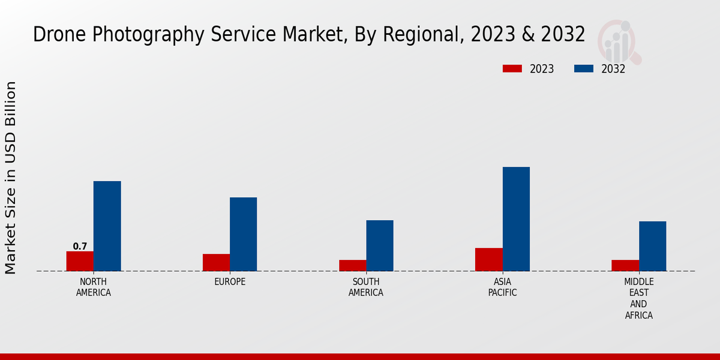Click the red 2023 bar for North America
80,261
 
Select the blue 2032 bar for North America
107,226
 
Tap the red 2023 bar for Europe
216,262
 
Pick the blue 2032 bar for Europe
243,234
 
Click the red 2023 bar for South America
352,265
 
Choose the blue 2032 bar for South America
380,245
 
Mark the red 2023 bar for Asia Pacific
488,259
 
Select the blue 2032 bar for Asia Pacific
516,219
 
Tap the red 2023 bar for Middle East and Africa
625,265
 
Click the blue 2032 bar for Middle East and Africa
652,246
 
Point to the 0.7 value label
80,247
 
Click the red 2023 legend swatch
512,69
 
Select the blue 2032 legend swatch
584,69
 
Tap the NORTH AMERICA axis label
93,287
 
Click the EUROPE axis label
230,281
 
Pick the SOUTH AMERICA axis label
366,287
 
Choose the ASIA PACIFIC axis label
502,287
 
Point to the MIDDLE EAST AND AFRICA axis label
638,298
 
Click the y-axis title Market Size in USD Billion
11,178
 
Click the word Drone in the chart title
58,35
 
